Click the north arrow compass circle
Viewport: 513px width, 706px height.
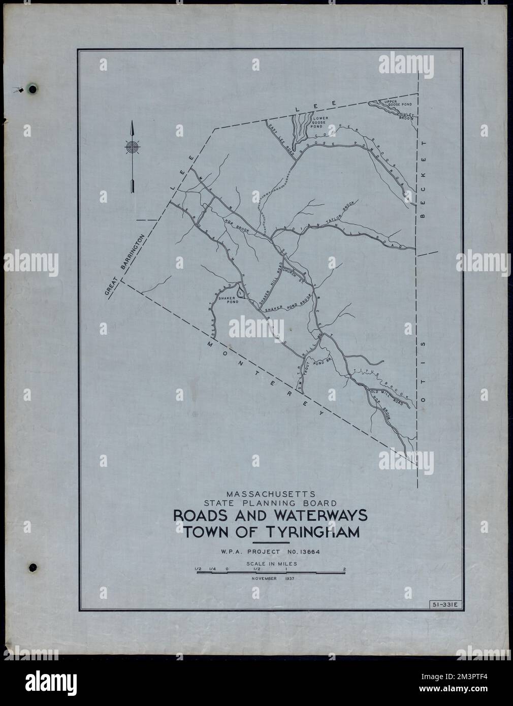132,148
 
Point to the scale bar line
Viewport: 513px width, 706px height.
270,572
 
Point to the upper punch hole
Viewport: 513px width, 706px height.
33,90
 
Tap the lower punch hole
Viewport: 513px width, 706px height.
33,566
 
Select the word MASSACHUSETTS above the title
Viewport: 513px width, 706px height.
271,493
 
